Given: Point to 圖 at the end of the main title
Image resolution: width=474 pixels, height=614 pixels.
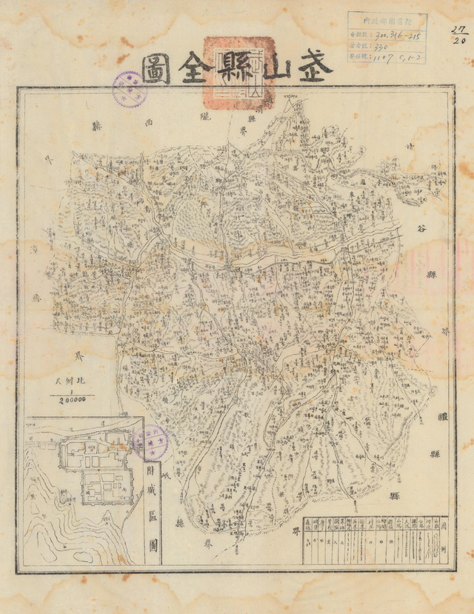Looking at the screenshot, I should click(156, 68).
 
